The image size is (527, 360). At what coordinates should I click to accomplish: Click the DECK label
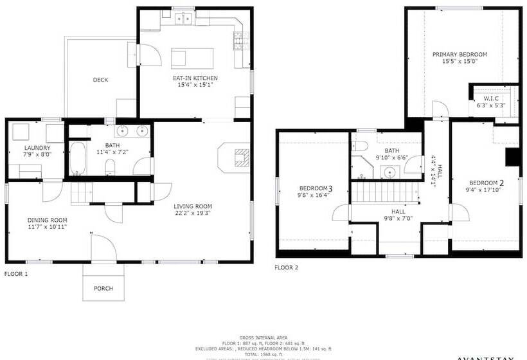[x=100, y=80]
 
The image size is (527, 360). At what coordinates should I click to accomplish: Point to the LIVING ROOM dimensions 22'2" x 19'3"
[x=192, y=213]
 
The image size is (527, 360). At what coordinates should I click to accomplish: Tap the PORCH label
[x=103, y=289]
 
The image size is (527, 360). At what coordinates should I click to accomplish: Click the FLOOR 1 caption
[x=16, y=273]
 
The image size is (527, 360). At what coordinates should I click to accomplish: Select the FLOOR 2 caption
[x=287, y=267]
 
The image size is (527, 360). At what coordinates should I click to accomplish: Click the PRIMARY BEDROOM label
[x=460, y=54]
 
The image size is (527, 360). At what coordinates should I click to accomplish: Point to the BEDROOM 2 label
[x=485, y=183]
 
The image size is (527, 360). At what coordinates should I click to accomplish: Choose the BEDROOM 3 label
[x=315, y=188]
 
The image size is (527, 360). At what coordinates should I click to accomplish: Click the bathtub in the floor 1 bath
[x=78, y=159]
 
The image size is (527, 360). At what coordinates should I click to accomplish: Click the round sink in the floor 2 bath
[x=389, y=172]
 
